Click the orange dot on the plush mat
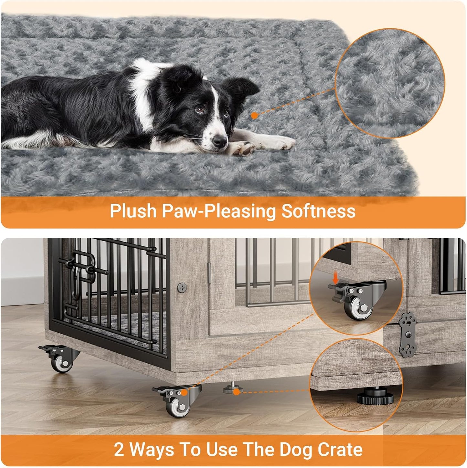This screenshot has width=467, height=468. (x=255, y=115)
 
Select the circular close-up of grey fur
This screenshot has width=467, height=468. (x=390, y=83)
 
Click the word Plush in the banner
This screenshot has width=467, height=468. (x=133, y=211)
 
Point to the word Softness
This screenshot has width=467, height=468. (x=318, y=211)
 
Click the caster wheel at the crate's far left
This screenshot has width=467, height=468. (x=62, y=363)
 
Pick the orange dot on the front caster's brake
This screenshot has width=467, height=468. (x=184, y=392)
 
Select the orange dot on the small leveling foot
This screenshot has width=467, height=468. (x=236, y=392)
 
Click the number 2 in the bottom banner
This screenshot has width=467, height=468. (x=119, y=450)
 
